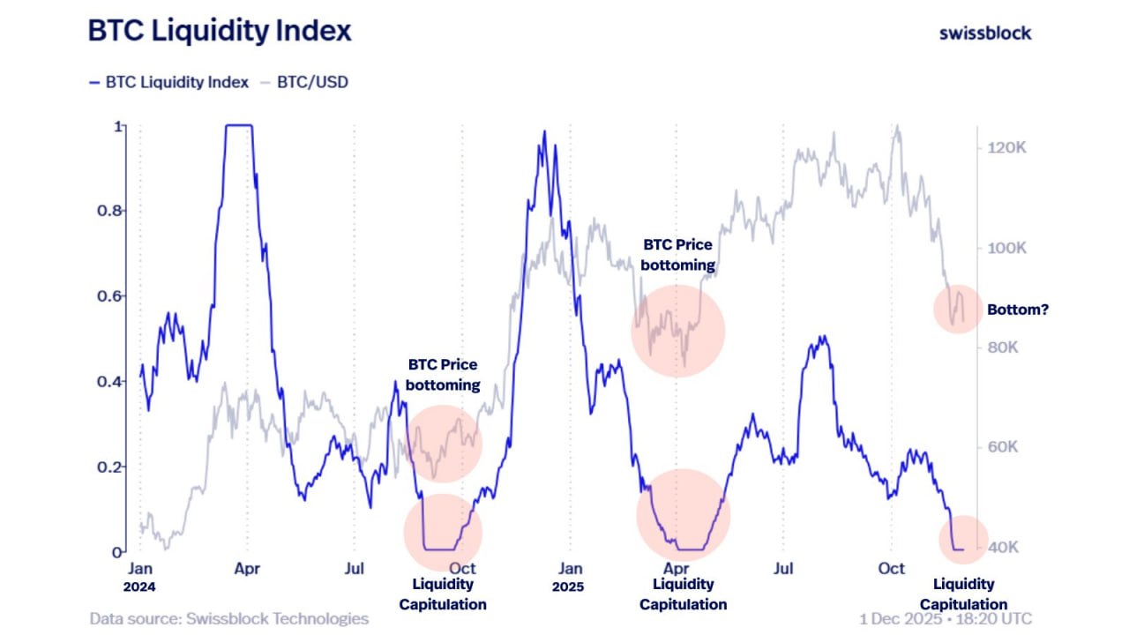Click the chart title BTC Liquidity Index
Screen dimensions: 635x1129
[220, 31]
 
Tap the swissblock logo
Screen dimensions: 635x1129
[984, 33]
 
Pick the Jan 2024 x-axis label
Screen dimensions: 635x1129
[141, 577]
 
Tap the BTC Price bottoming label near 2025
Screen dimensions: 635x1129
[677, 254]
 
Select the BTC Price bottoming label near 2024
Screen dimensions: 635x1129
[443, 375]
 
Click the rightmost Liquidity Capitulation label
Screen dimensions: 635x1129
[963, 594]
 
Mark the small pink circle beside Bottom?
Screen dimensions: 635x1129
[958, 309]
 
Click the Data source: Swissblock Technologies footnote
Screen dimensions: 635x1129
[229, 618]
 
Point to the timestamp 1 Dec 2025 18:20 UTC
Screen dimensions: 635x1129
[945, 618]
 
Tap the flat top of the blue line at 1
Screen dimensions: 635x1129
[239, 125]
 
